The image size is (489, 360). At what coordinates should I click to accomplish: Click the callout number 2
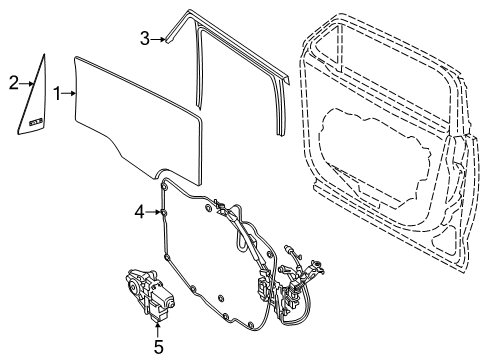[13, 83]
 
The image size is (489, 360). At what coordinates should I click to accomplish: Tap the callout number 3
[144, 39]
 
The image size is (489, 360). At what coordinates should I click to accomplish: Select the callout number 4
[141, 211]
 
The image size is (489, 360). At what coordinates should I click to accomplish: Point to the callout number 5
[157, 347]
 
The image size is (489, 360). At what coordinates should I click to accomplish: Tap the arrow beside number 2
[26, 84]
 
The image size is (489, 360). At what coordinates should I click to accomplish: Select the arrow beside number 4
[153, 211]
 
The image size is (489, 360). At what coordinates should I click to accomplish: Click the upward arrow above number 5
[157, 326]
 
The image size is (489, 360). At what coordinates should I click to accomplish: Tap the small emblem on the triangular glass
[37, 121]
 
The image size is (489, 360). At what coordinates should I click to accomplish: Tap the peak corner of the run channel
[186, 13]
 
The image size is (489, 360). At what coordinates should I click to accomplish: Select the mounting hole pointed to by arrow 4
[163, 212]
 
